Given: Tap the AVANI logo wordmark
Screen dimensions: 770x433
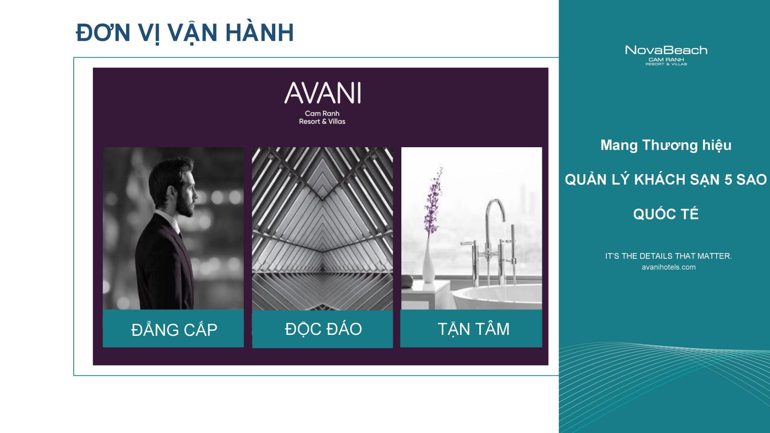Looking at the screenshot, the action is tap(322, 93).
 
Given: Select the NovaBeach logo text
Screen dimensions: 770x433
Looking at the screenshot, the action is tap(666, 50).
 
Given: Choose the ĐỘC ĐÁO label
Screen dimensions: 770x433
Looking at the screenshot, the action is tap(323, 329).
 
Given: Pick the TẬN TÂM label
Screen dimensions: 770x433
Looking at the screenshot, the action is tap(474, 329).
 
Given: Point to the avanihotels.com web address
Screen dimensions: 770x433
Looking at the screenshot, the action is tap(668, 267).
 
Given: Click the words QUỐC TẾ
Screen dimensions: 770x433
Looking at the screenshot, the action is tap(666, 214).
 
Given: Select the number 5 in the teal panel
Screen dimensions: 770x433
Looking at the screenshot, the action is tap(728, 180).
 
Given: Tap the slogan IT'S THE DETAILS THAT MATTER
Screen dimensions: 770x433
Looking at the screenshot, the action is tap(668, 256).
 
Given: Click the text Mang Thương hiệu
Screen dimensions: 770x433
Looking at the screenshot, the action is tap(666, 145).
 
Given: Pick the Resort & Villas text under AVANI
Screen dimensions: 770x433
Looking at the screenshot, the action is tap(322, 121).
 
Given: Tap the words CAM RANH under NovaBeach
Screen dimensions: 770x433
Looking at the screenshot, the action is tap(666, 60).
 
